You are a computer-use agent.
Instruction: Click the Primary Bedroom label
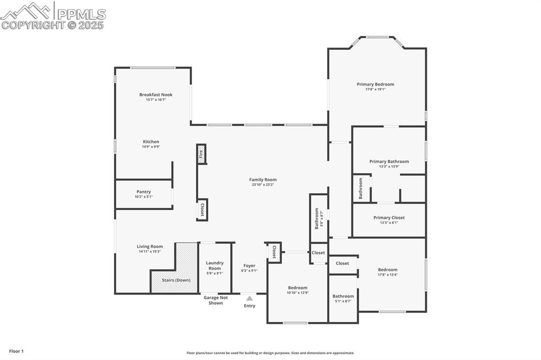click(x=375, y=84)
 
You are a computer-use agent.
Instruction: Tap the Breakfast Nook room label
click(x=156, y=95)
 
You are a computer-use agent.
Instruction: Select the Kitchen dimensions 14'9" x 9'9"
click(x=151, y=147)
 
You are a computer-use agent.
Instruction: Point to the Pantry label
click(x=144, y=192)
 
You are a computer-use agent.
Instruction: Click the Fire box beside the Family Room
click(x=201, y=154)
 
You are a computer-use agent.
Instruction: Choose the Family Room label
click(x=263, y=180)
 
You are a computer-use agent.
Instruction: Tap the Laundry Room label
click(x=214, y=265)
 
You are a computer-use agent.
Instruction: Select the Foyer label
click(x=249, y=266)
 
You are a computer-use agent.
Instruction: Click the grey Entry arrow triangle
click(x=249, y=298)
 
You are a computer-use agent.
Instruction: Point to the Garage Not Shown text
click(x=216, y=300)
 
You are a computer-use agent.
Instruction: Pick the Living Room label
click(x=150, y=247)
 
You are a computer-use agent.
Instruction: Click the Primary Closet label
click(x=389, y=217)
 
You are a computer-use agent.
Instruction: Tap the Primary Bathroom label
click(x=389, y=162)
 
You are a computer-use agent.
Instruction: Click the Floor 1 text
click(x=16, y=351)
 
